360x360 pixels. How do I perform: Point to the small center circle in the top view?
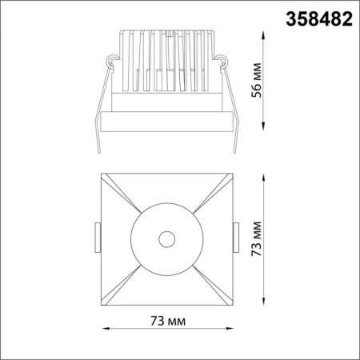coord(166,238)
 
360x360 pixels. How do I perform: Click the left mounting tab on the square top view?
coord(98,238)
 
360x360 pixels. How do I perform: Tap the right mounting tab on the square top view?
coord(235,238)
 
